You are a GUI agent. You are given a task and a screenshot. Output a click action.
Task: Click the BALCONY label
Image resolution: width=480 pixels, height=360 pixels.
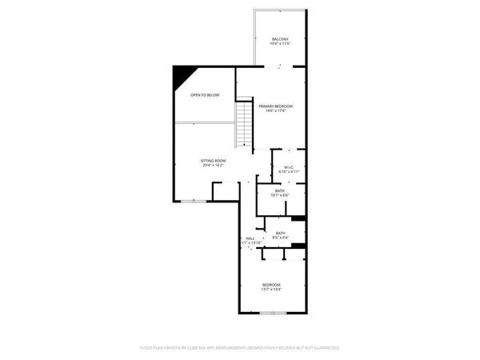pyautogui.click(x=279, y=39)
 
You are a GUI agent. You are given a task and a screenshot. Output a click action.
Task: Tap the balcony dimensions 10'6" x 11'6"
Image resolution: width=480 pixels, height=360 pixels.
pyautogui.click(x=279, y=44)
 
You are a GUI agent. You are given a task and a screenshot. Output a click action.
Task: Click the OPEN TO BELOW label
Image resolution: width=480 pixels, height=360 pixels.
pyautogui.click(x=205, y=95)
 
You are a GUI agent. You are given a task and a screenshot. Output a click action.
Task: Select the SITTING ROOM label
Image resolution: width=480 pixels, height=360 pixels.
pyautogui.click(x=213, y=161)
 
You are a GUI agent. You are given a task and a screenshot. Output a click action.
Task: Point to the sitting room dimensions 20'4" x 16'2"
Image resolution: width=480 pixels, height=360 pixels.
pyautogui.click(x=213, y=166)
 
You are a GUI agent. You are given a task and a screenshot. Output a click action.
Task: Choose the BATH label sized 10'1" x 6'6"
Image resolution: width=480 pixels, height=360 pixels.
pyautogui.click(x=280, y=190)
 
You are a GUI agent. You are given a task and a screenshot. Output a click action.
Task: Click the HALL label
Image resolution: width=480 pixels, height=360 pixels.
pyautogui.click(x=250, y=238)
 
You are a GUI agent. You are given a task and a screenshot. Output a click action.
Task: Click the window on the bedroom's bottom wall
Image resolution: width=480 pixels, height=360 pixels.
pyautogui.click(x=273, y=314)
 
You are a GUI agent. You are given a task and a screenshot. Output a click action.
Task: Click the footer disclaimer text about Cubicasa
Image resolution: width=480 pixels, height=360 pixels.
pyautogui.click(x=239, y=348)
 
